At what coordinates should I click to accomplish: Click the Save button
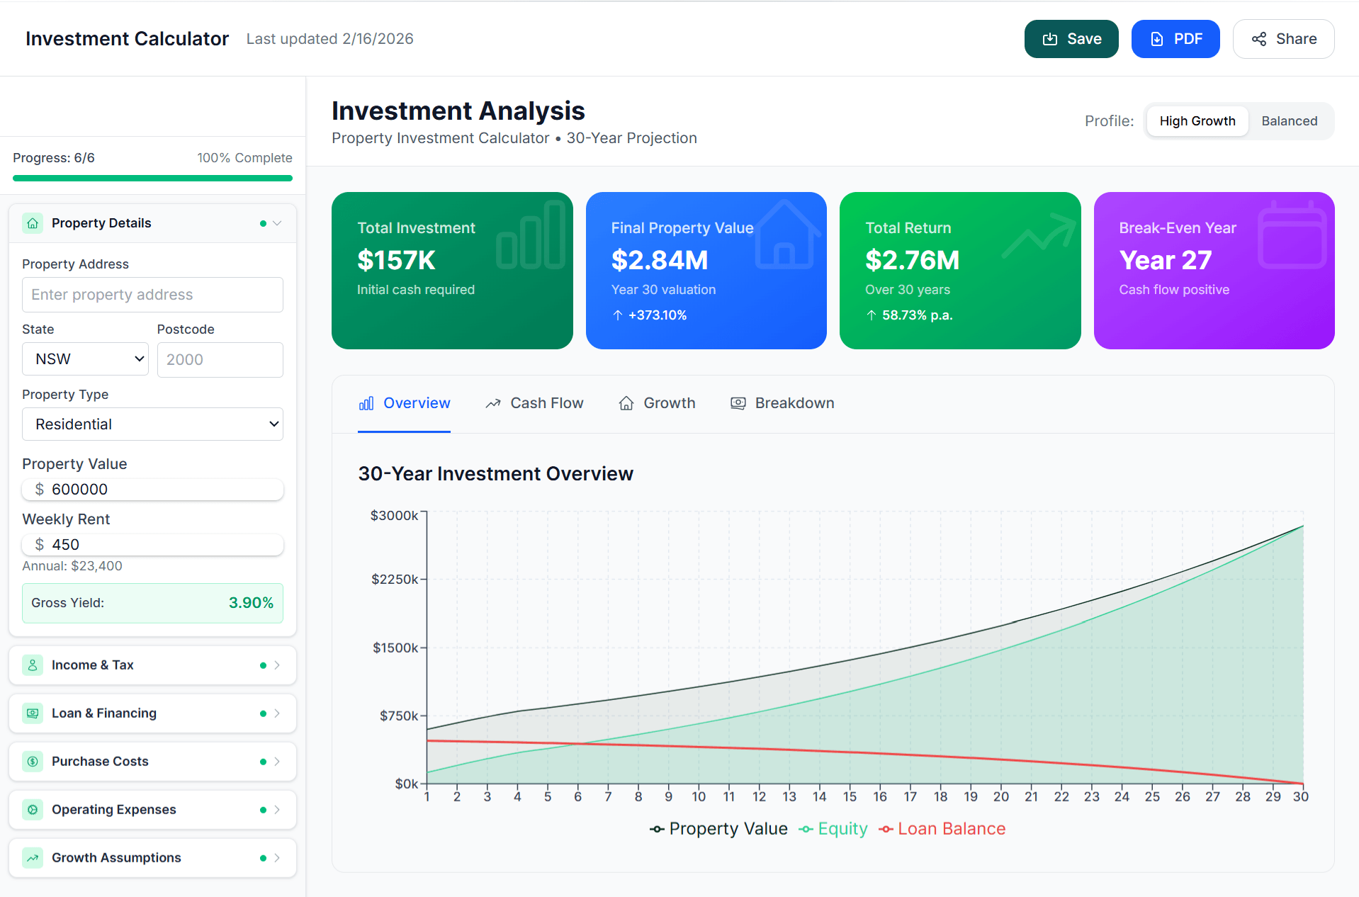tap(1071, 39)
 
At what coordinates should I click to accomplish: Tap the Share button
tap(1283, 39)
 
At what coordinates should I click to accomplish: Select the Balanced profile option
tap(1289, 121)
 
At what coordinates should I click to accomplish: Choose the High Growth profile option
tap(1197, 121)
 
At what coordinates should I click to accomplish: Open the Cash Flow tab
tap(534, 403)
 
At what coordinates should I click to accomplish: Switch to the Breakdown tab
tap(782, 403)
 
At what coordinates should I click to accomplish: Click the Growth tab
tap(657, 403)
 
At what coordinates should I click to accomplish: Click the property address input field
tap(152, 295)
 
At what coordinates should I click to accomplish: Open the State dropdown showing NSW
tap(85, 359)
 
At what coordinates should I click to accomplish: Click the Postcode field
tap(220, 360)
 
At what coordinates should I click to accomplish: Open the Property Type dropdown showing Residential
tap(152, 424)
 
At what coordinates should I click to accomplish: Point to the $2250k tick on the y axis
tap(395, 580)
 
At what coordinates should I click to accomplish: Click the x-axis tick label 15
tap(850, 797)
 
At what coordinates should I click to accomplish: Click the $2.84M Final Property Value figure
tap(660, 261)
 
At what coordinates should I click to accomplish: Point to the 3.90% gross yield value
tap(251, 603)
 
